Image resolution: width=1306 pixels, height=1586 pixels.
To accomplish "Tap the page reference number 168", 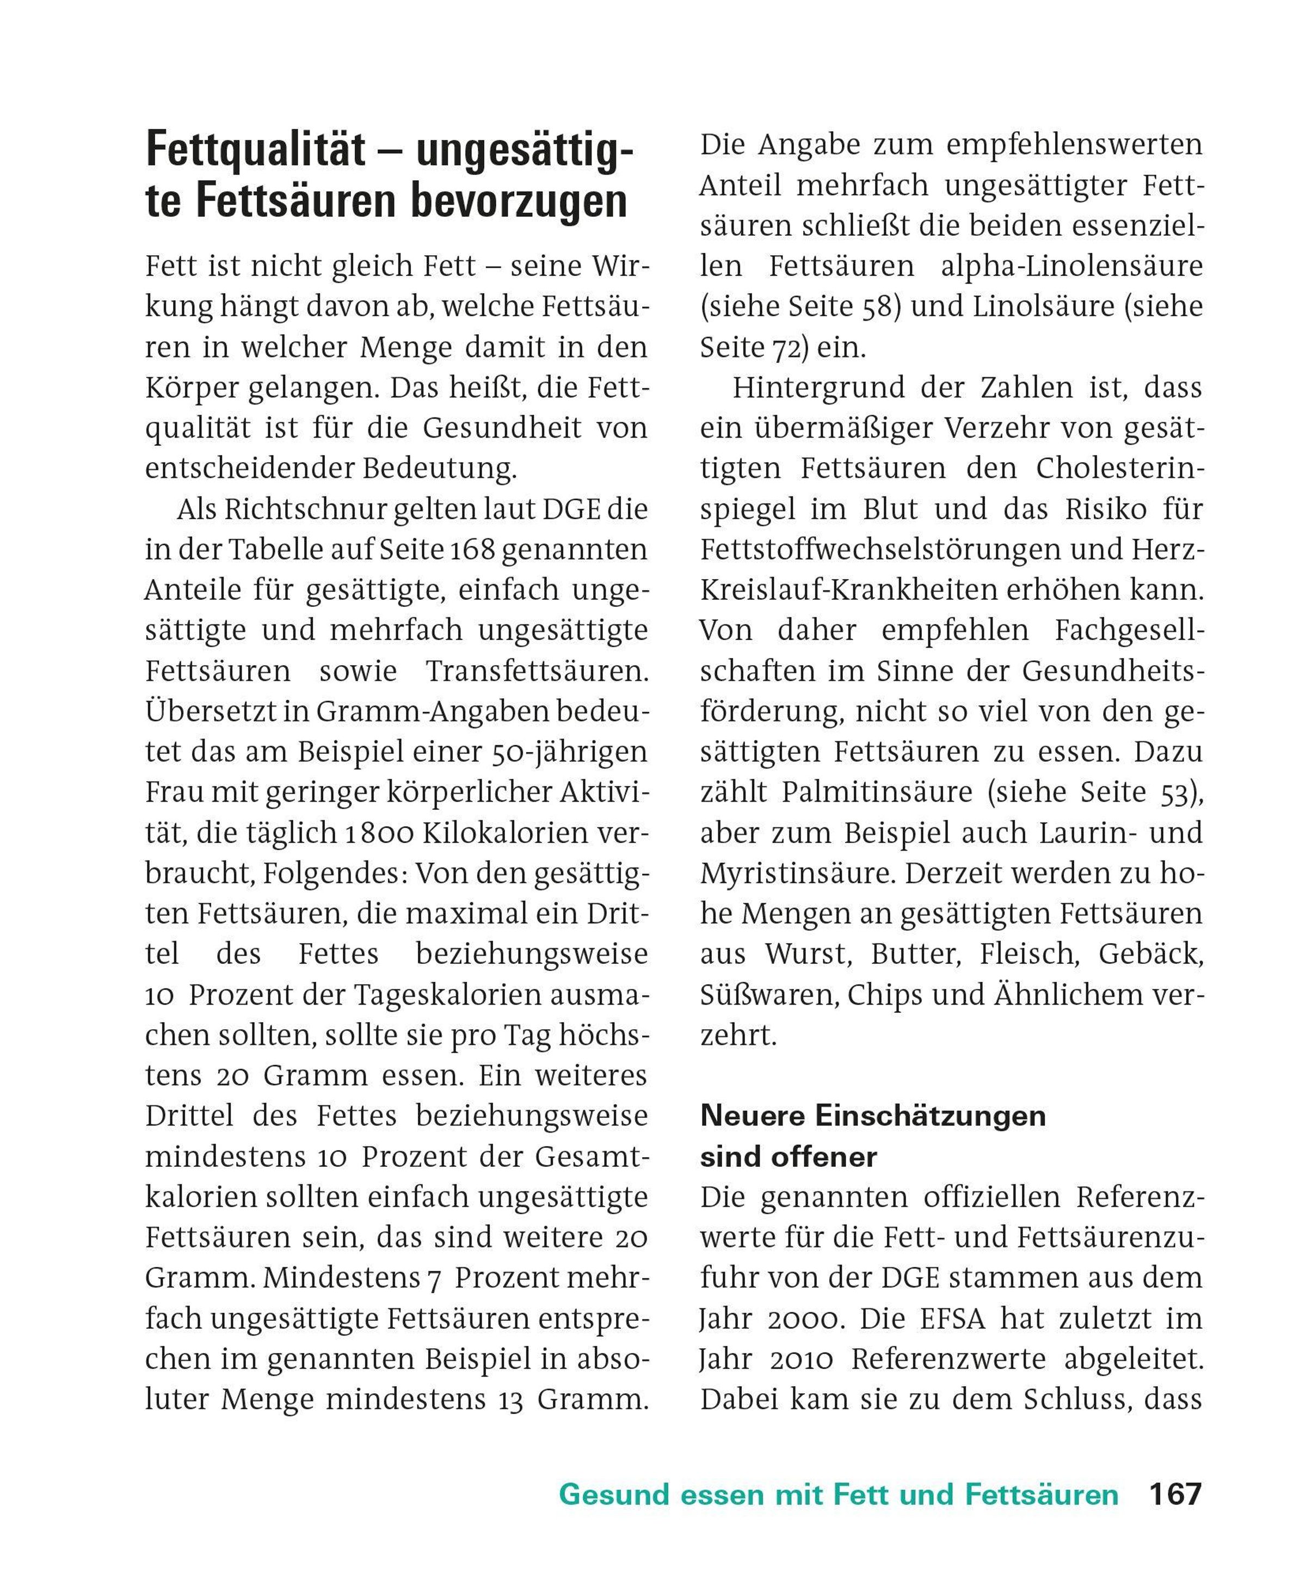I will [x=472, y=550].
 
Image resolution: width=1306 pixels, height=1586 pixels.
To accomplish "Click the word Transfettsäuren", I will [x=537, y=671].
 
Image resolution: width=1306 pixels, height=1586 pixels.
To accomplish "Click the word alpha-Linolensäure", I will [x=1071, y=266].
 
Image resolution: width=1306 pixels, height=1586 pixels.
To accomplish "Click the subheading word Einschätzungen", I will [x=930, y=1116].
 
